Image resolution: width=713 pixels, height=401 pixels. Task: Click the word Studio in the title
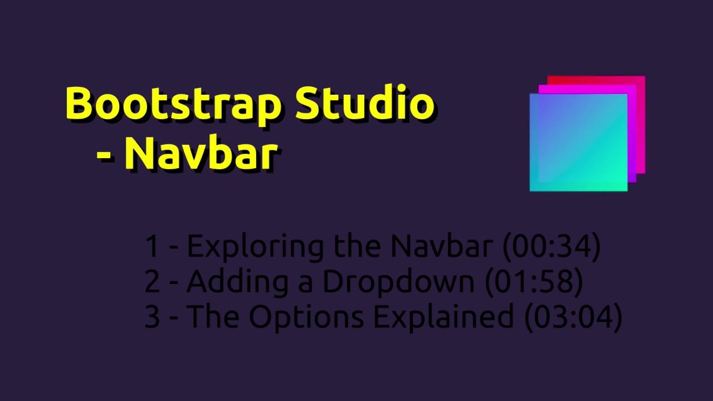364,104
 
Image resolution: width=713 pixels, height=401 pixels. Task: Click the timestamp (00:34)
551,246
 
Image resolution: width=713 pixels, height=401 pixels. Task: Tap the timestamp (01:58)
534,282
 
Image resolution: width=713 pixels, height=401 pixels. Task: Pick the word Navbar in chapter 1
441,246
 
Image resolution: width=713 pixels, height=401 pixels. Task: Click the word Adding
237,282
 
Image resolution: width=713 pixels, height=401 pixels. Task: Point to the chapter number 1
152,247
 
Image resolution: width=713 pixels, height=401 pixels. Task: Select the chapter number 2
152,282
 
